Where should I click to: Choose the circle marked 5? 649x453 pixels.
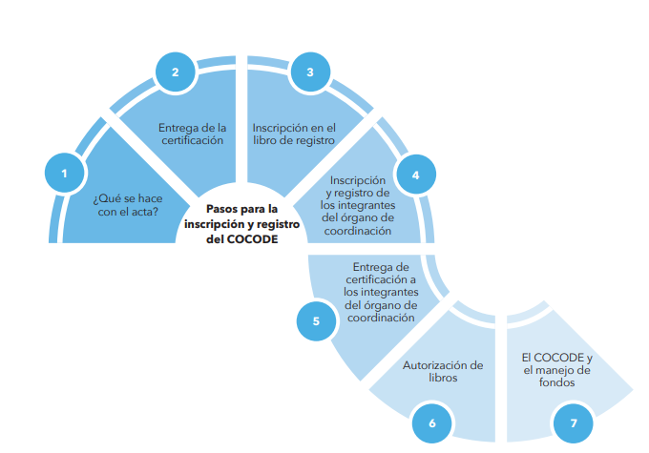pos(316,321)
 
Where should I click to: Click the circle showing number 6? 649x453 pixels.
pos(431,422)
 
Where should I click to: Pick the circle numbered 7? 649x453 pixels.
pos(573,422)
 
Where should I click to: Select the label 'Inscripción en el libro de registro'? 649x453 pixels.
pos(293,133)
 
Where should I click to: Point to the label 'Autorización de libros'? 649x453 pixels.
pos(443,371)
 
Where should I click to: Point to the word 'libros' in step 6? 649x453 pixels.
pos(443,378)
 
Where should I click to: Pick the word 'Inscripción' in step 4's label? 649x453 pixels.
pos(358,179)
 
